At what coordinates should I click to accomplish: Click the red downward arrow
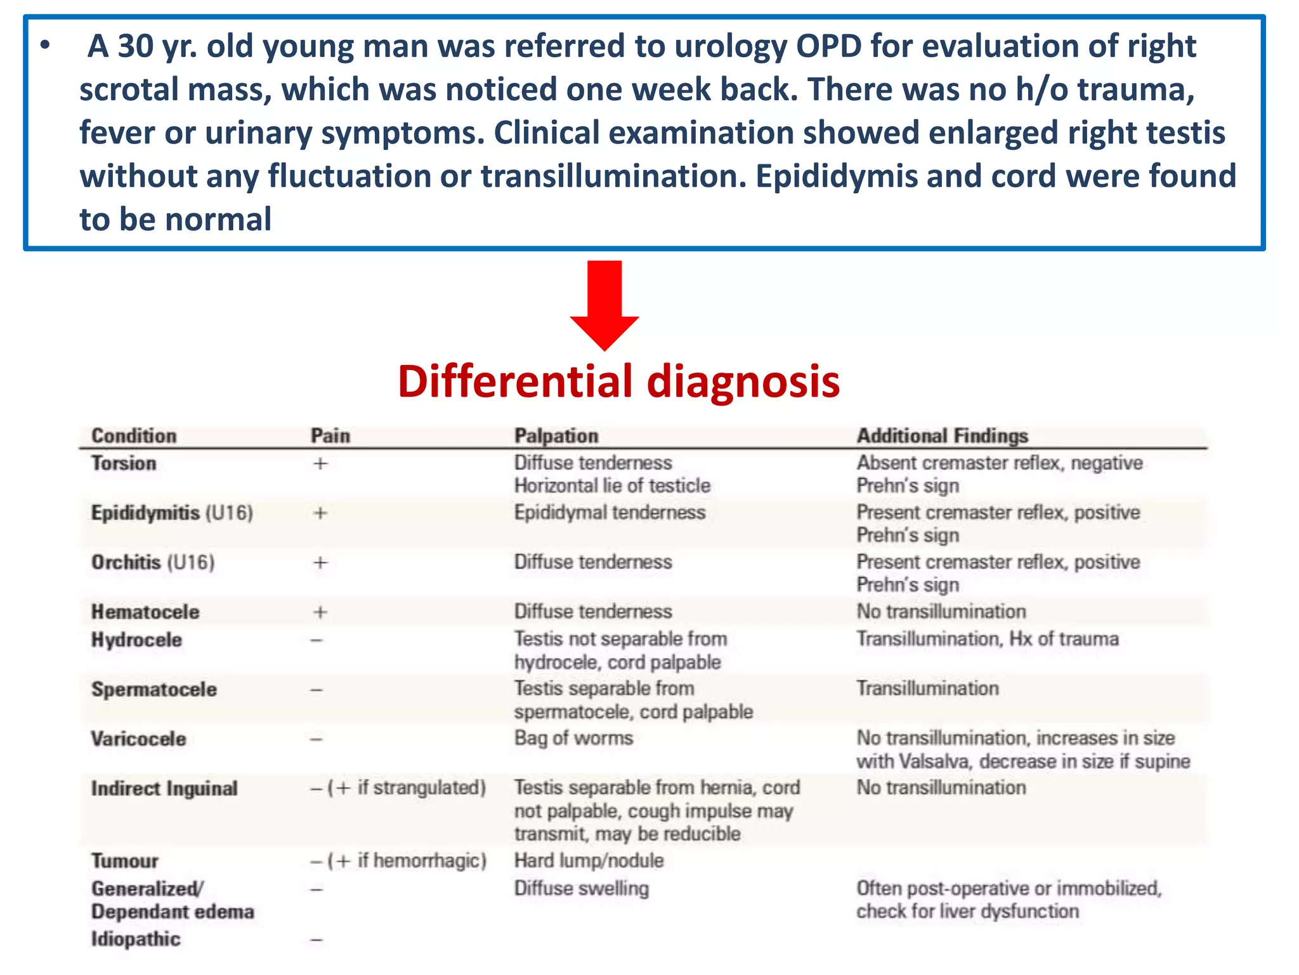click(x=604, y=305)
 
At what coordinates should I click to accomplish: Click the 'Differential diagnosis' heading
click(x=618, y=381)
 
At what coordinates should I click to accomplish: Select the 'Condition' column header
click(x=134, y=436)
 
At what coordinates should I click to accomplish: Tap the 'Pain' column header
click(x=330, y=436)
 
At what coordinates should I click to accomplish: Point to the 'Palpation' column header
click(x=556, y=436)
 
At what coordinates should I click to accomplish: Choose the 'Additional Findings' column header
click(x=942, y=436)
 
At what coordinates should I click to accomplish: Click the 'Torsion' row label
click(x=124, y=463)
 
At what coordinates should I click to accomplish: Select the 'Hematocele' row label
click(x=145, y=612)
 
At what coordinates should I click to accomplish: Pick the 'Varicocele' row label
click(x=138, y=739)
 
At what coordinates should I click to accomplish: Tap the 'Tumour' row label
click(x=124, y=861)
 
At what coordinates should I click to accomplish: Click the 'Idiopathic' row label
click(x=136, y=939)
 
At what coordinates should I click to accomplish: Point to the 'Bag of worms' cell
click(x=573, y=738)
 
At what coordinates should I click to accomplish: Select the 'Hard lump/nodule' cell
click(x=589, y=861)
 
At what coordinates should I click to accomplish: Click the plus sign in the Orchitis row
click(x=320, y=562)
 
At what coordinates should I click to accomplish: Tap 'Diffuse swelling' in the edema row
click(x=581, y=888)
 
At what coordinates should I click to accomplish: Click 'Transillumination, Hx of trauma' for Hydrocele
click(x=987, y=639)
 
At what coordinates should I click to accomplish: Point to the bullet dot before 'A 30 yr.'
click(x=44, y=46)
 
